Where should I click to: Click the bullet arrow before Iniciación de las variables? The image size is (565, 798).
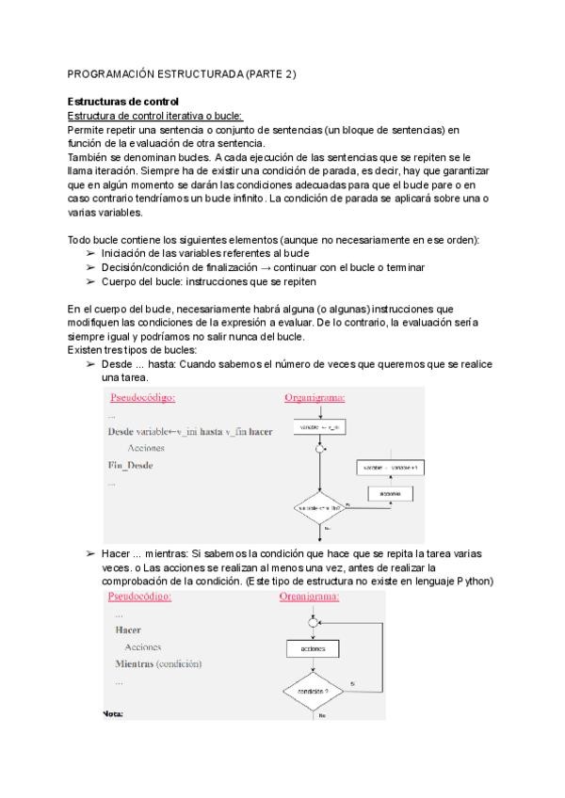click(90, 254)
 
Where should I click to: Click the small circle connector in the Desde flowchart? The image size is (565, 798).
click(321, 450)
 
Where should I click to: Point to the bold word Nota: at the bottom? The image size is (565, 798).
click(112, 713)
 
